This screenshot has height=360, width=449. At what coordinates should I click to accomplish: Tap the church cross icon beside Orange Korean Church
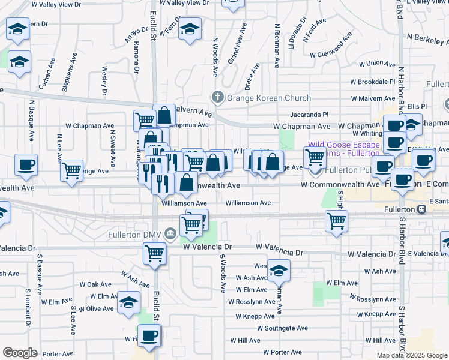[218, 97]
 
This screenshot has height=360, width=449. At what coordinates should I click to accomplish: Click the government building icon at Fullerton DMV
[171, 233]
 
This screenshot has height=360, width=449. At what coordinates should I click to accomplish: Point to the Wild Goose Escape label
[344, 145]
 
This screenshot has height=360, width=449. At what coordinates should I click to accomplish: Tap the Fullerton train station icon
[422, 209]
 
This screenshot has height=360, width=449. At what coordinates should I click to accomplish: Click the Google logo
[20, 353]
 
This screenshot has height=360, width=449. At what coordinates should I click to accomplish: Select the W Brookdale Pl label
[372, 82]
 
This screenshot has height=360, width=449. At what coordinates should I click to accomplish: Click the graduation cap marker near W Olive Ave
[128, 303]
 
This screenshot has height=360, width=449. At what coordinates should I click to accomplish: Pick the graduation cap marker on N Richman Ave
[279, 271]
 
